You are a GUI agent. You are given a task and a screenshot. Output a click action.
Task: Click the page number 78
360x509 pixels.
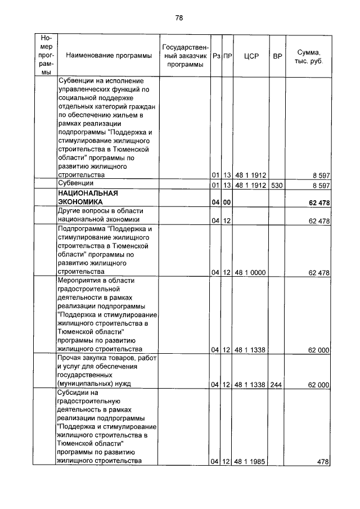coord(179,17)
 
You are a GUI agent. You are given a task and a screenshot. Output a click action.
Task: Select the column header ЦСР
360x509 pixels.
coord(251,56)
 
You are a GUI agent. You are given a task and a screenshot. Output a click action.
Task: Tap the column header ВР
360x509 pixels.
coord(277,56)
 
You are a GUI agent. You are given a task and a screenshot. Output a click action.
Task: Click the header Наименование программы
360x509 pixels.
coord(109,56)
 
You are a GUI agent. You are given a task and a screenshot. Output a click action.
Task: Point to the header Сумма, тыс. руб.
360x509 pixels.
coord(308,56)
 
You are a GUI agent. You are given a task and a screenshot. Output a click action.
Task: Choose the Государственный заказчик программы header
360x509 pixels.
coord(185,56)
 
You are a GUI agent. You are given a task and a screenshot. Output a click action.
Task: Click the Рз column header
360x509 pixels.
coord(215,56)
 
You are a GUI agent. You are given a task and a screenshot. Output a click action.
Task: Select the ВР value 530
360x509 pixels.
coord(277,184)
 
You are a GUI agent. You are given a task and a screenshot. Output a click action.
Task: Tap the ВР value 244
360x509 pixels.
coord(277,385)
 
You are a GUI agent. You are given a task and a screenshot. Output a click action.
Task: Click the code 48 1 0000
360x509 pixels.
coord(250,273)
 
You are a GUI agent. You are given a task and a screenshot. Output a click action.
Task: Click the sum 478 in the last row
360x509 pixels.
coord(322,462)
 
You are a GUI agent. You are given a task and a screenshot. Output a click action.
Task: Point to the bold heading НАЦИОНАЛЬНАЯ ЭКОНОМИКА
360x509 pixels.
coord(85,197)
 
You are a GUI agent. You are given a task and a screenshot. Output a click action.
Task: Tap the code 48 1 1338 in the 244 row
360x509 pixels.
coord(250,385)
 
